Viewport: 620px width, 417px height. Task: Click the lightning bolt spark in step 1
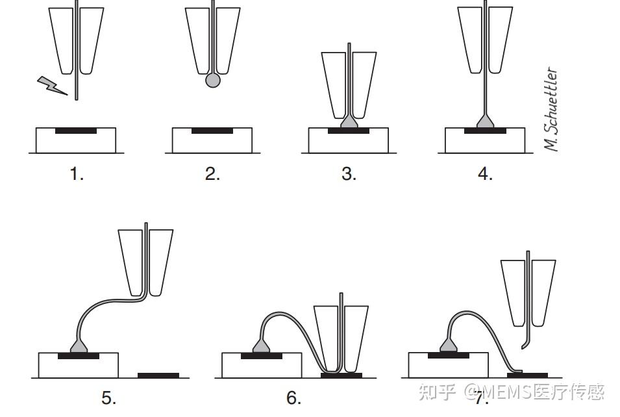tap(52, 86)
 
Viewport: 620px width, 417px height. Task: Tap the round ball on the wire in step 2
tap(213, 81)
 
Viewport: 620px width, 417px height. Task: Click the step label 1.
tap(77, 173)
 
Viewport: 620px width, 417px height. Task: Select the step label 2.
tap(213, 173)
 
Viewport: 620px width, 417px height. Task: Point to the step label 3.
tap(349, 173)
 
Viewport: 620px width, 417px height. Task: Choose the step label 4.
tap(485, 173)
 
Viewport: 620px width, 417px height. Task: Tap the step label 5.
tap(109, 398)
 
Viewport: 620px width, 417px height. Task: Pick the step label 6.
tap(294, 398)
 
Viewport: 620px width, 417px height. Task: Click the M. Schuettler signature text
tap(551, 109)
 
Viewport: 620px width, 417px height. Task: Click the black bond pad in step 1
tap(76, 131)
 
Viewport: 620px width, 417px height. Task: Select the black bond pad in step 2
tap(212, 131)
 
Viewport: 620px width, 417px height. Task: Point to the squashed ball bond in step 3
tap(349, 121)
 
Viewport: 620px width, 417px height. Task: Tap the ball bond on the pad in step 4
tap(485, 121)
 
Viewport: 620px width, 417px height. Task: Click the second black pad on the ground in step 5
tap(158, 375)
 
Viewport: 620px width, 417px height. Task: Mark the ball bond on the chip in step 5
tap(79, 346)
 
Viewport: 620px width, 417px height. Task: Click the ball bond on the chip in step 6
tap(262, 346)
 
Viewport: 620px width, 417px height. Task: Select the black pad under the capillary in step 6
tap(341, 375)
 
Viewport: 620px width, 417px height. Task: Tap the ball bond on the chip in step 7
tap(449, 346)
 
